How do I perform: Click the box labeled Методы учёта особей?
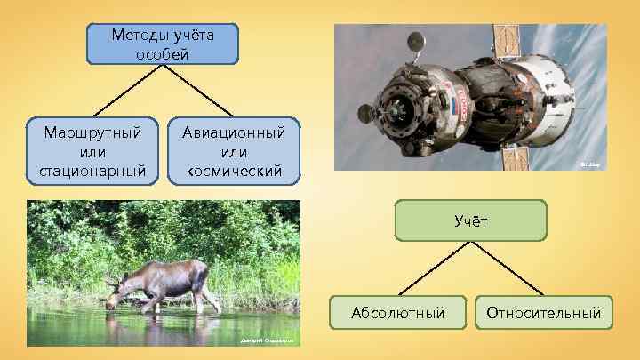(x=163, y=44)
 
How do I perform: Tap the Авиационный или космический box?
(x=234, y=150)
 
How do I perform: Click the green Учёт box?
(x=470, y=220)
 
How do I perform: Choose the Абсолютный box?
(x=397, y=313)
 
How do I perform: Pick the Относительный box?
(x=544, y=313)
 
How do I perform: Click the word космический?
(x=234, y=169)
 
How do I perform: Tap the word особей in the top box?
(x=163, y=53)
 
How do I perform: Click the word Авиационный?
(x=234, y=132)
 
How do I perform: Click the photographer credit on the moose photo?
(x=268, y=341)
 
